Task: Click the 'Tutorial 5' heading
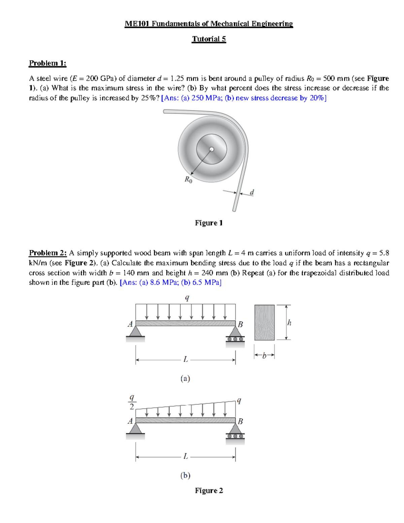(209, 39)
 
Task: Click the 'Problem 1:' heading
(47, 63)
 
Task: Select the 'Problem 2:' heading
(47, 253)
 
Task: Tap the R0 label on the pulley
(188, 180)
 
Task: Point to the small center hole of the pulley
(211, 149)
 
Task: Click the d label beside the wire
(252, 192)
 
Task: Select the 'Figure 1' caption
(209, 223)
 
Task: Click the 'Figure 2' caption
(209, 491)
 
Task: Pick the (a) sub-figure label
(185, 379)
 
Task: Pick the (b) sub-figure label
(185, 476)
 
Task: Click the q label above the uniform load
(187, 298)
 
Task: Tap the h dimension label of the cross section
(289, 323)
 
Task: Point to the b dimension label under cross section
(264, 355)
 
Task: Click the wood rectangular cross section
(264, 322)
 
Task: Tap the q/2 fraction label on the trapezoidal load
(132, 402)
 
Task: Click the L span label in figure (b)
(186, 456)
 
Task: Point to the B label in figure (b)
(240, 421)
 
